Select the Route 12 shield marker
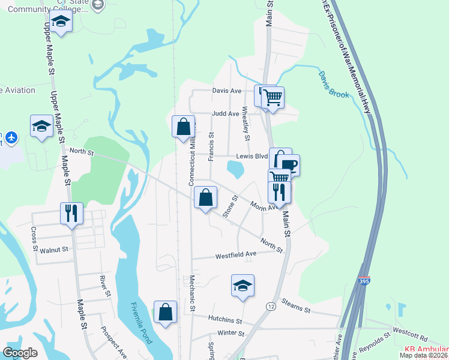coord(271,307)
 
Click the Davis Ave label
coord(227,91)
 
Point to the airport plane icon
coord(10,137)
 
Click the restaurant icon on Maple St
coord(71,212)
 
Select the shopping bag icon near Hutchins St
coord(166,312)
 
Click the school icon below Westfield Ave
coord(243,286)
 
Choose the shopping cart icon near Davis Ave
coord(273,97)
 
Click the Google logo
coord(20,352)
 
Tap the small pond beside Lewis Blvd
coord(235,170)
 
